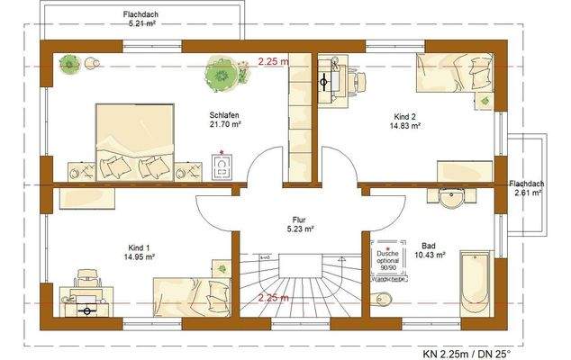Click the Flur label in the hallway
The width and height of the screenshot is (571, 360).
299,218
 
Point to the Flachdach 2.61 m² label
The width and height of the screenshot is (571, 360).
526,186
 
